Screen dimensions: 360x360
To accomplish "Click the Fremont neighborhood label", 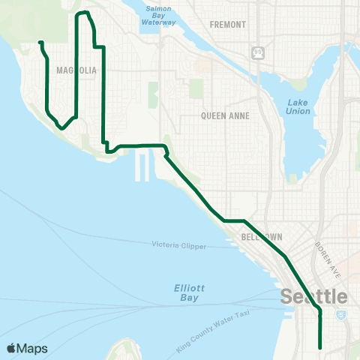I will tap(228, 25).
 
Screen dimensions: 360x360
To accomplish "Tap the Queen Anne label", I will tap(225, 116).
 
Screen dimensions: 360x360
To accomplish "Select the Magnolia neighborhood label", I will tap(76, 70).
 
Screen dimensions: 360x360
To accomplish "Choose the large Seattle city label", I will tap(314, 297).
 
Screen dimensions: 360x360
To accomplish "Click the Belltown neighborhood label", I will tap(262, 237).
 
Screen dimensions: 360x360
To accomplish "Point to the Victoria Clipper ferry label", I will tap(178, 245).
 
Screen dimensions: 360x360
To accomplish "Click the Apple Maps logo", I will tap(27, 349).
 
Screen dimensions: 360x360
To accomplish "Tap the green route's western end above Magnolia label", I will tap(40, 43).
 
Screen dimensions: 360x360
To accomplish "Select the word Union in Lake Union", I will tap(298, 111).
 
